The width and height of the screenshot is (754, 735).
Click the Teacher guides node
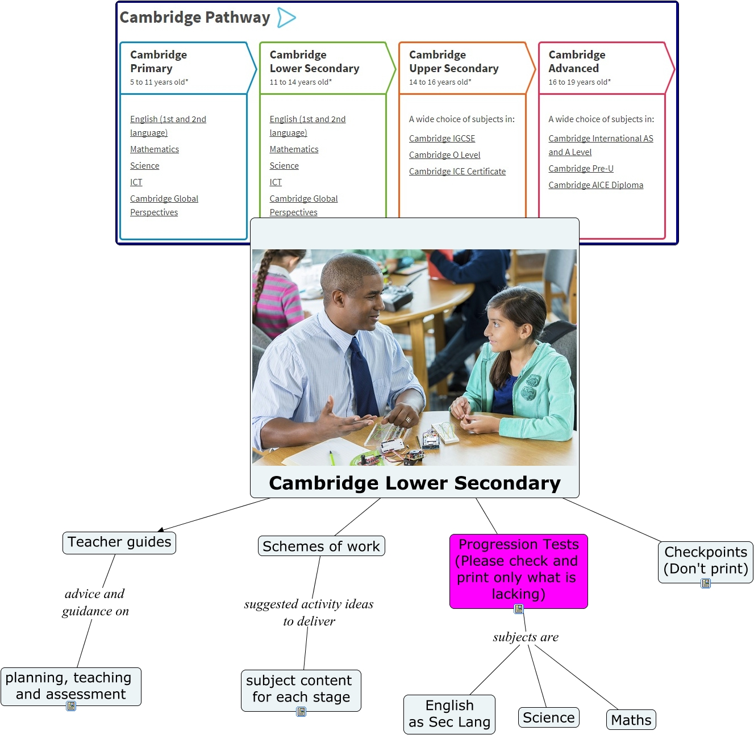tap(119, 542)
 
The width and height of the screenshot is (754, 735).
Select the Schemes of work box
tap(321, 545)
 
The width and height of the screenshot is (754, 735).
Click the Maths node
tap(630, 719)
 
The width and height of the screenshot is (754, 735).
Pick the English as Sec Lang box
tap(449, 714)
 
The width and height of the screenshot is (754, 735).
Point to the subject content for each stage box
tap(301, 690)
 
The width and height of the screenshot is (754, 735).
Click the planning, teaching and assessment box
tap(70, 686)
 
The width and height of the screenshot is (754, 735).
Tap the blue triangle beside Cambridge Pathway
tap(286, 18)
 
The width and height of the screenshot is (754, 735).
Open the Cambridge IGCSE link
tap(441, 138)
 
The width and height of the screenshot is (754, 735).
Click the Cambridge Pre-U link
tap(581, 169)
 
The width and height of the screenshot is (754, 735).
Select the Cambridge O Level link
tap(444, 155)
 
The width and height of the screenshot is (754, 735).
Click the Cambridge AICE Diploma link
tap(595, 185)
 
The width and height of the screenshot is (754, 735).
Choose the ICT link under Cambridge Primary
tap(136, 182)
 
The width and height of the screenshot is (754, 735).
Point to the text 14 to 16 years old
tap(440, 82)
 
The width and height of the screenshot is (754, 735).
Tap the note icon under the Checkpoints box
tap(705, 583)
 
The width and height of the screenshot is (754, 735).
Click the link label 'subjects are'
tap(525, 637)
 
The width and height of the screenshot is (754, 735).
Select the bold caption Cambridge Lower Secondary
tap(414, 483)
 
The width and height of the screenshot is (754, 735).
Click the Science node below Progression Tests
tap(548, 717)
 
